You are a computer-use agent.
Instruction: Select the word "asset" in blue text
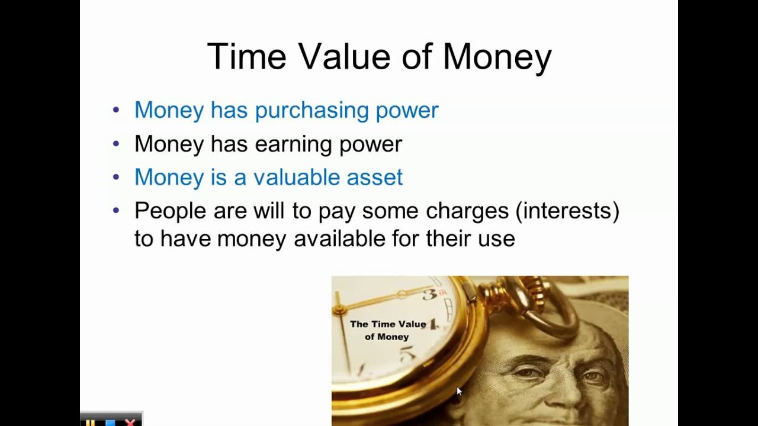click(x=376, y=177)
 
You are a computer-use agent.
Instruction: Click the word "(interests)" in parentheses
click(x=567, y=211)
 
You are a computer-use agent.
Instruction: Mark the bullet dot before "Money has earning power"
click(x=116, y=143)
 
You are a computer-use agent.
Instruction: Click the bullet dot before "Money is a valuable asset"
click(x=116, y=176)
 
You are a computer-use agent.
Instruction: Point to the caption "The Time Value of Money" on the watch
click(x=387, y=330)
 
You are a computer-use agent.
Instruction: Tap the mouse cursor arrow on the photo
click(x=459, y=391)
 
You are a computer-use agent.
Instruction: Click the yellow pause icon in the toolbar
click(x=91, y=422)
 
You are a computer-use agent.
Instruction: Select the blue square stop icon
click(x=110, y=422)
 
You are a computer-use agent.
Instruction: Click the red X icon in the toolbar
click(x=130, y=422)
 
